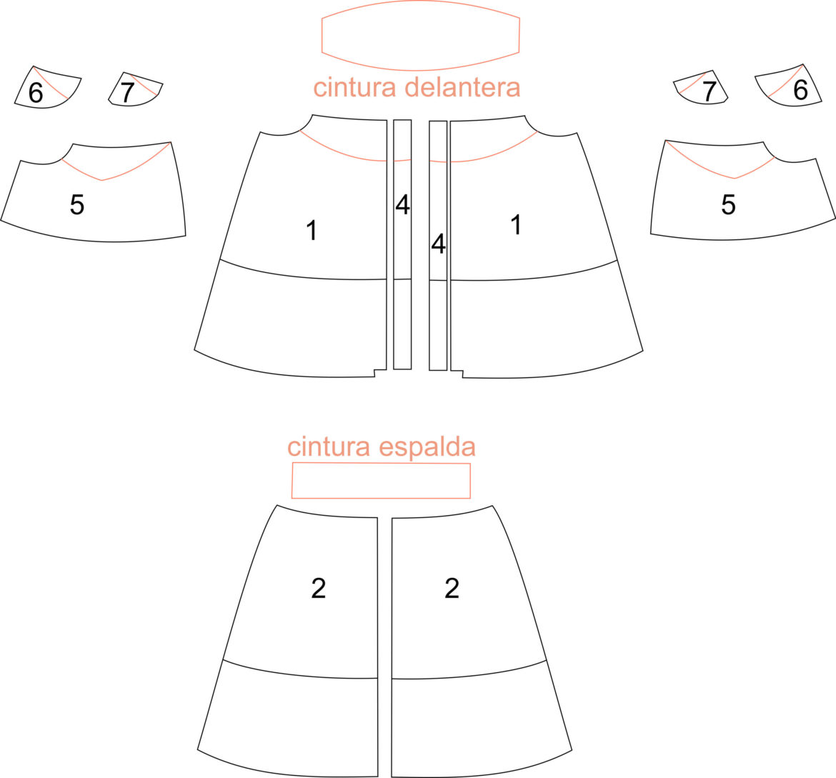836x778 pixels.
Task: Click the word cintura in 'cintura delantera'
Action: [354, 87]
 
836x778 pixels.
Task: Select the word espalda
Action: [427, 447]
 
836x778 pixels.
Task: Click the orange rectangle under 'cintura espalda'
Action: [381, 464]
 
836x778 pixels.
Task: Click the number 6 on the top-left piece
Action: [36, 92]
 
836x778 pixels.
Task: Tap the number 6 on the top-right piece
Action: [800, 89]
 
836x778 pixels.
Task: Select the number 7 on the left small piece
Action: [127, 92]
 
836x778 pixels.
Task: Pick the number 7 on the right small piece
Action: [709, 91]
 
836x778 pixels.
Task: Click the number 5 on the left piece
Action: [77, 204]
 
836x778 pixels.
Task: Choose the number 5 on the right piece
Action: [728, 204]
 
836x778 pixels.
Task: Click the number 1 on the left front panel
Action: [312, 230]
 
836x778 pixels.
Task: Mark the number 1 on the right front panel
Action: [516, 224]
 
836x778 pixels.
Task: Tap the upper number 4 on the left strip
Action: [402, 204]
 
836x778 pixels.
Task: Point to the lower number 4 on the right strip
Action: [438, 244]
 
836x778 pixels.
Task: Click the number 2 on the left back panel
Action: [318, 588]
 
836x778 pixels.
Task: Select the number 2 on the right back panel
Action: [452, 588]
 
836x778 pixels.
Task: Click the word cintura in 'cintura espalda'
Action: [329, 447]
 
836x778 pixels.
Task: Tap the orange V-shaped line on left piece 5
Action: [102, 180]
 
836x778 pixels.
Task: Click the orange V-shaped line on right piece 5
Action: [735, 178]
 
